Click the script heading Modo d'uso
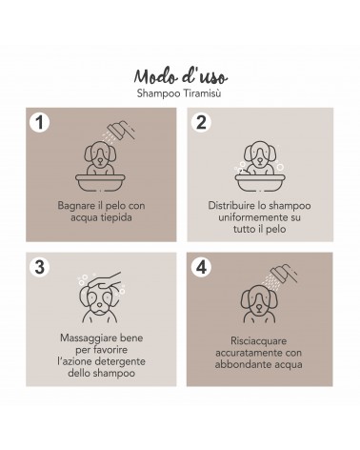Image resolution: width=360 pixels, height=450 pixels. (181, 76)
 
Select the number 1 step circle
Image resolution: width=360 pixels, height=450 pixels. (40, 122)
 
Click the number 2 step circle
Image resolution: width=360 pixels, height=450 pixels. (201, 122)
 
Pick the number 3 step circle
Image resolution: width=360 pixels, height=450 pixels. (40, 267)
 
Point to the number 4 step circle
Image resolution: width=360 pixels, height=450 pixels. (201, 267)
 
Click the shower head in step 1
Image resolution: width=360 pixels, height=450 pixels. (120, 129)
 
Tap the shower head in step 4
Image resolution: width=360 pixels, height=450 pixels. (284, 273)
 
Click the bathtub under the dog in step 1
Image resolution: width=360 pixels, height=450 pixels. (100, 182)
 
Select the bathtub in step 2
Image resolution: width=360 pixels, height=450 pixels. (260, 182)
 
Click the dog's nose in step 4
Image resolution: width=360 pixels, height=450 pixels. (259, 307)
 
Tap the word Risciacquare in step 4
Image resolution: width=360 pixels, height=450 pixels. (258, 341)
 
